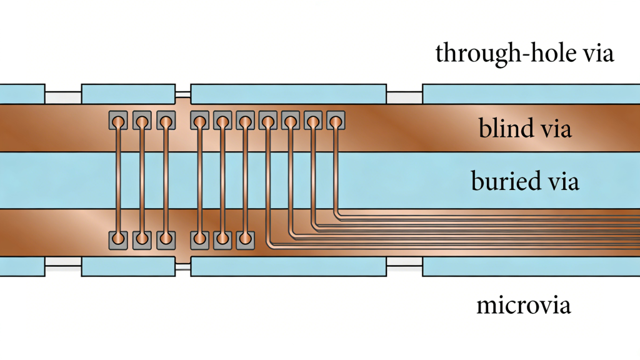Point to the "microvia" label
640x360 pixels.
523,306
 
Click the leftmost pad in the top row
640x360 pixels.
118,120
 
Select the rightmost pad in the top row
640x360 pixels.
336,120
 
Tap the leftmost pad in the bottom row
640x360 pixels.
118,240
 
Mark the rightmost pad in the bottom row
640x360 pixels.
244,240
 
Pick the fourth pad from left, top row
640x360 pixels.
199,120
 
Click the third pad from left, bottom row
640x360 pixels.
165,240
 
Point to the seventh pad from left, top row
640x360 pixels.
267,120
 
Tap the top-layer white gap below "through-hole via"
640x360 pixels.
404,97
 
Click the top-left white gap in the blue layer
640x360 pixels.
62,97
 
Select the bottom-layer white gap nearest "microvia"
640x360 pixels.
404,266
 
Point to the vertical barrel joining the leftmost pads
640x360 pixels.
118,180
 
